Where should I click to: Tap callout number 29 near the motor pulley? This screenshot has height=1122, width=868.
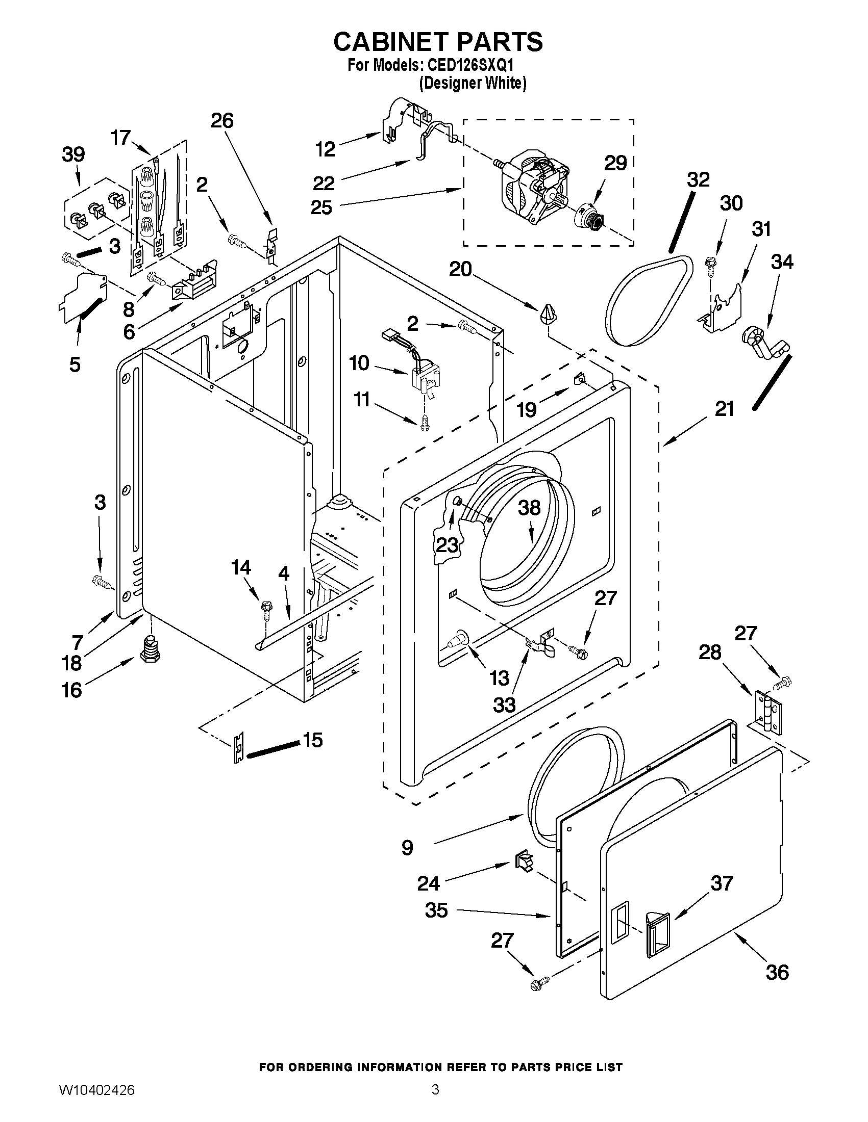pos(615,163)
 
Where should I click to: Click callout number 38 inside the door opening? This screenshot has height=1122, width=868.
pos(529,508)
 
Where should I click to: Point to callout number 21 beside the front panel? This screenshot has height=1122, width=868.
pos(724,409)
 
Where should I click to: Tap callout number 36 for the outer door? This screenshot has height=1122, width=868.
pos(777,972)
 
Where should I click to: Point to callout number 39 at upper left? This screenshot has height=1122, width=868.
pos(73,154)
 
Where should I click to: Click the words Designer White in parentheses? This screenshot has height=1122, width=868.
pos(473,83)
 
